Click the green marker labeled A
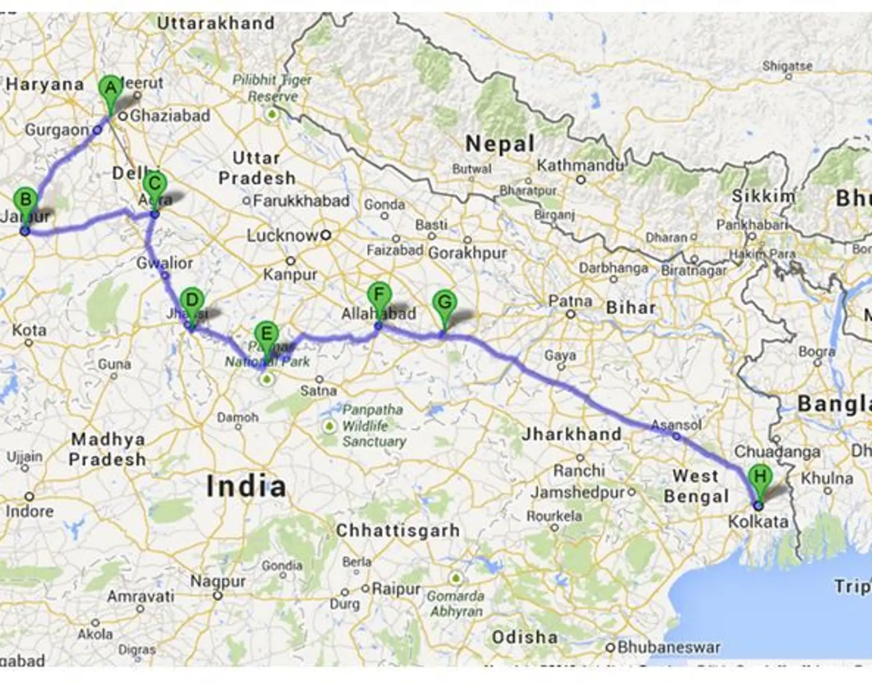(111, 88)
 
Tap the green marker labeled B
(25, 200)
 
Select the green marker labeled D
(192, 300)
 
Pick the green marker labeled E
(267, 334)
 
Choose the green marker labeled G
(445, 303)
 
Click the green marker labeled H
(760, 477)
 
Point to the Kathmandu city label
(580, 165)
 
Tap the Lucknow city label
(283, 235)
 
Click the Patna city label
(570, 301)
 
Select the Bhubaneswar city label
(669, 647)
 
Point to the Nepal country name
(500, 144)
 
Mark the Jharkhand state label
(571, 434)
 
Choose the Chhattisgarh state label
(397, 530)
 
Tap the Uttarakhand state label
(216, 23)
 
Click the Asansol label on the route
(676, 425)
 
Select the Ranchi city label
(579, 470)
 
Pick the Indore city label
(30, 511)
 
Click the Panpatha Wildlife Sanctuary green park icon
(329, 426)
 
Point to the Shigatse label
(787, 66)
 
